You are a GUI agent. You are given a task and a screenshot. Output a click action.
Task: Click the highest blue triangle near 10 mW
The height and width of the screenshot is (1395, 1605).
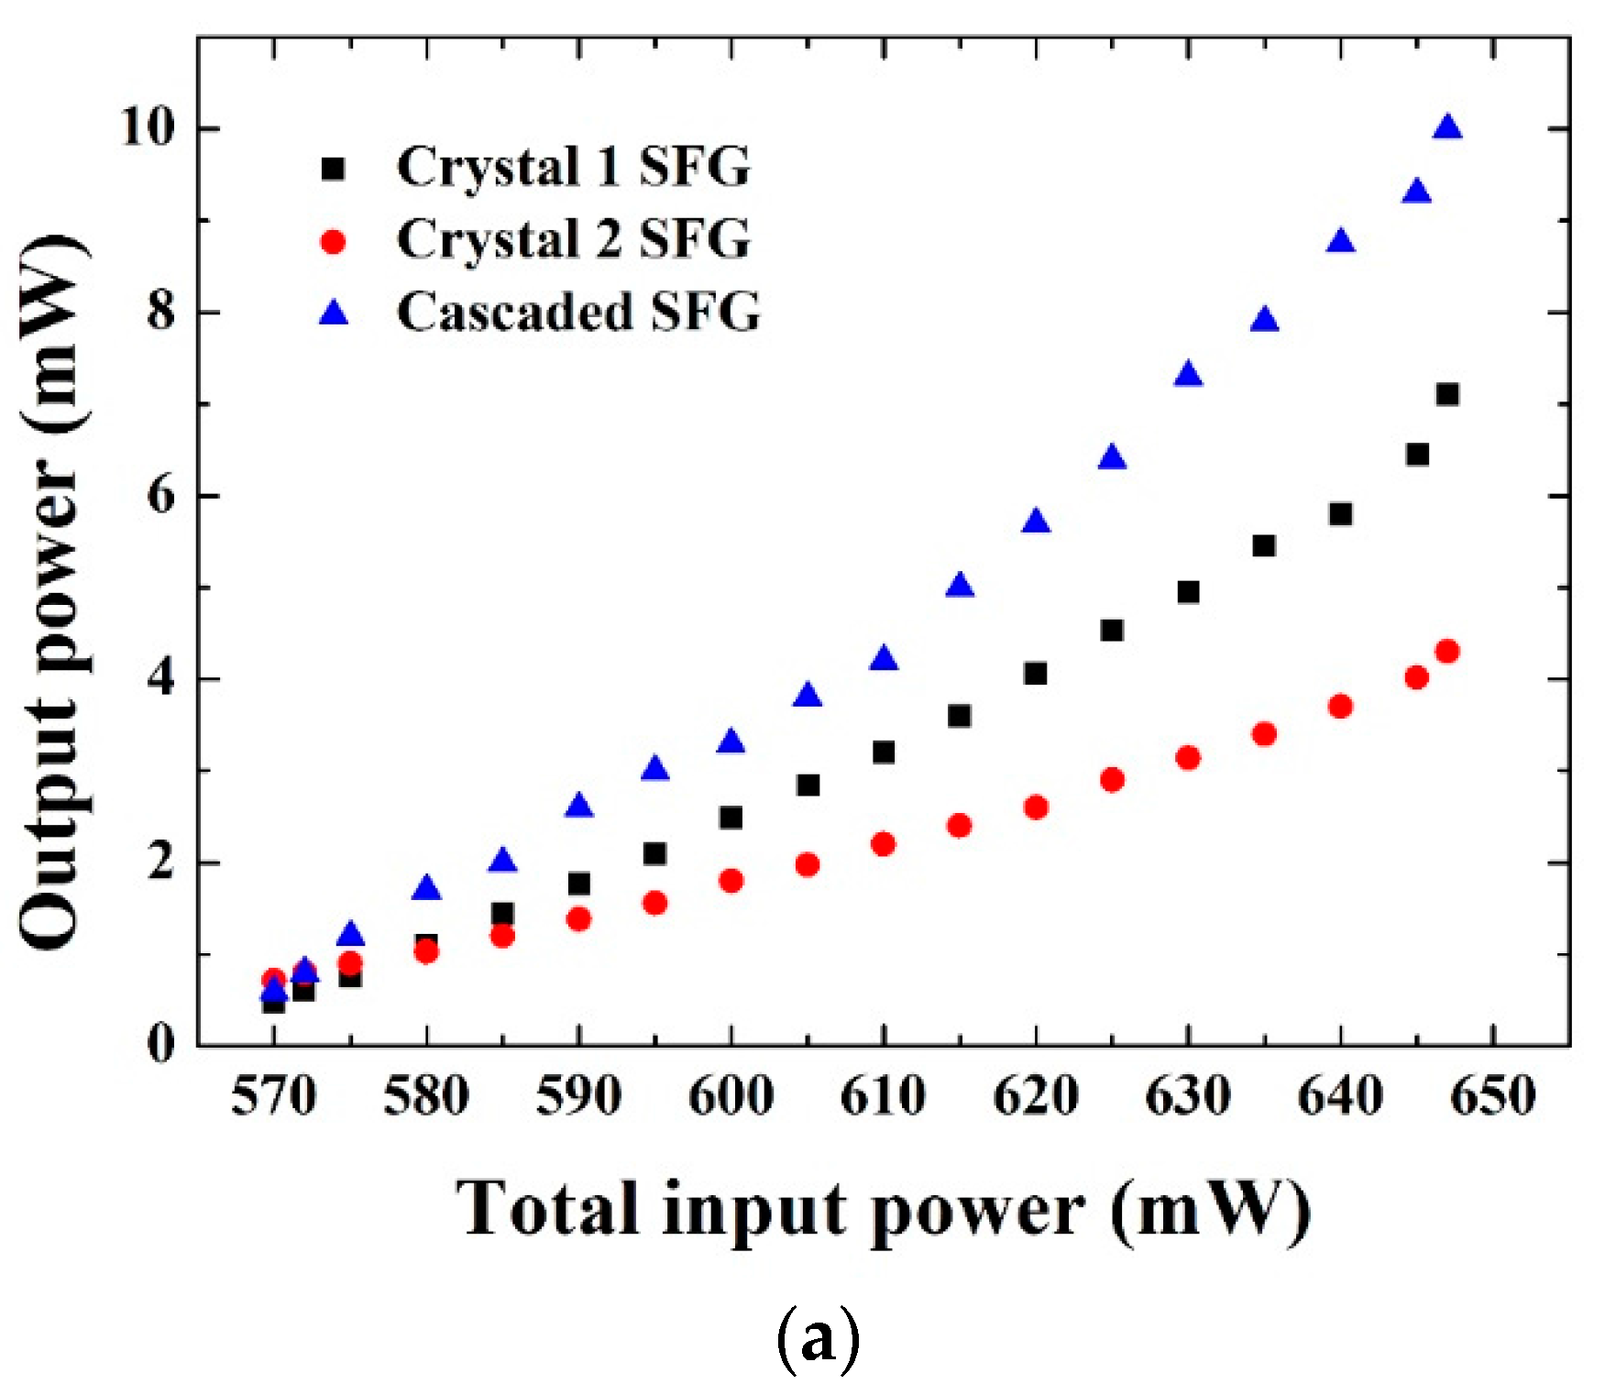click(1447, 128)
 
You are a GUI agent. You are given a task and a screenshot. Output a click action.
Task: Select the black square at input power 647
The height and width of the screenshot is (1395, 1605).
click(1447, 394)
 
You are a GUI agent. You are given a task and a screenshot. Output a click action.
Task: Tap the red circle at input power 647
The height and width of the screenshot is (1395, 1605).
click(1447, 652)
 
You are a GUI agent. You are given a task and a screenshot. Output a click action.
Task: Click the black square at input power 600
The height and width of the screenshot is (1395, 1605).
click(731, 818)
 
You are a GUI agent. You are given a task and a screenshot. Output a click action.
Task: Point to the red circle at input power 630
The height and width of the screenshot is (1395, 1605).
click(1188, 758)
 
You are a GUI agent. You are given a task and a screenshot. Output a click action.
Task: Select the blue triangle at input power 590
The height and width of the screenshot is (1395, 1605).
click(578, 807)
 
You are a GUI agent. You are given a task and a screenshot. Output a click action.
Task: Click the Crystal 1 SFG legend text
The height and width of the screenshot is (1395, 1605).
click(573, 168)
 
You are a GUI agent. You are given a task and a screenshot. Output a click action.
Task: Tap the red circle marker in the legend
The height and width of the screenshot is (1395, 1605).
click(334, 241)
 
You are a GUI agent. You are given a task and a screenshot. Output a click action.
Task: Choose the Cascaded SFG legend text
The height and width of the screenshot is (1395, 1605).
click(578, 313)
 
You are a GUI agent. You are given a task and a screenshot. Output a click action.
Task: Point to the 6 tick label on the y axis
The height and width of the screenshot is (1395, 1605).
click(160, 496)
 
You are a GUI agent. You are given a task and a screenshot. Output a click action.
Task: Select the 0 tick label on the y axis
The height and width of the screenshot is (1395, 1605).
click(160, 1044)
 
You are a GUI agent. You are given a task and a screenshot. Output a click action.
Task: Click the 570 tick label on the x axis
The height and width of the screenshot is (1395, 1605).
click(273, 1097)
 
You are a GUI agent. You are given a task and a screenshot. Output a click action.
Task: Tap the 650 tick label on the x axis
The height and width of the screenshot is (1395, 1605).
click(1493, 1097)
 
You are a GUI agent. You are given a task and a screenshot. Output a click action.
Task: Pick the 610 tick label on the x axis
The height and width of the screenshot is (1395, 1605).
click(883, 1097)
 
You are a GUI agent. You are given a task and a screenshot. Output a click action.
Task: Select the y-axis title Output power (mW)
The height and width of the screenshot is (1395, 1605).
click(53, 591)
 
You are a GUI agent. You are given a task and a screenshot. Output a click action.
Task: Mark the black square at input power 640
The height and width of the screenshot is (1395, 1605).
click(1340, 514)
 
